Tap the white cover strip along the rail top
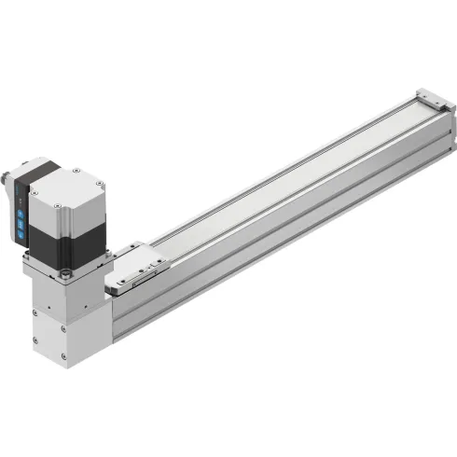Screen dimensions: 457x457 point(280,177)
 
